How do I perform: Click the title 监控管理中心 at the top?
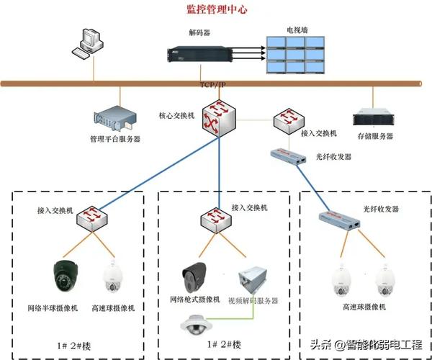[x=217, y=10]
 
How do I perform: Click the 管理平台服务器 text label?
[x=115, y=138]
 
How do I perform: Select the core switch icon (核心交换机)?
[x=218, y=117]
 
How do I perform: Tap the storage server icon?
[x=372, y=118]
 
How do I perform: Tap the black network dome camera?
[x=66, y=276]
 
